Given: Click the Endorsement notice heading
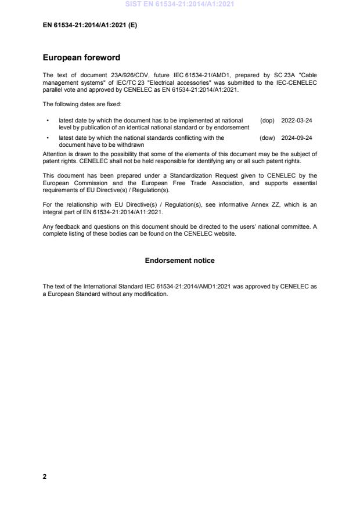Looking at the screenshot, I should (x=179, y=261).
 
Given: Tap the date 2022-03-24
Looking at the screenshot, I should (x=297, y=121).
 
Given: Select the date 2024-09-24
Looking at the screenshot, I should (x=297, y=138).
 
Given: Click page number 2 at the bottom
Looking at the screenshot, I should (x=45, y=476).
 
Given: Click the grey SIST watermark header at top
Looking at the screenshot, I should (x=179, y=5).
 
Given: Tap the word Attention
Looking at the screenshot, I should (x=55, y=154).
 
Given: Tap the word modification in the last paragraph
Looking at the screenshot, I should (x=151, y=294).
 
